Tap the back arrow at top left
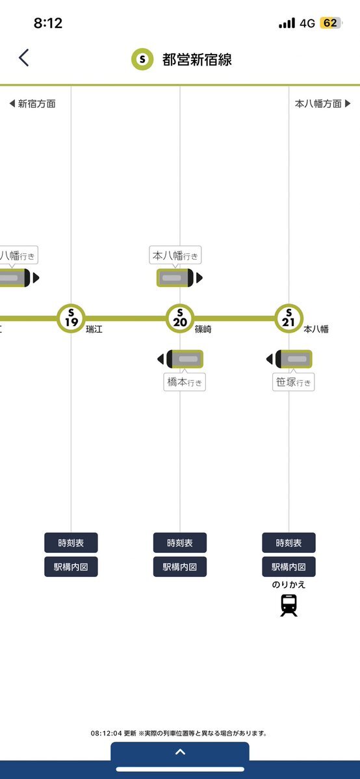click(x=24, y=58)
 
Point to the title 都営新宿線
click(x=197, y=60)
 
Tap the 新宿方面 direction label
click(x=32, y=104)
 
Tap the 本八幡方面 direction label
click(x=323, y=104)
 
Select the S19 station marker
click(x=71, y=318)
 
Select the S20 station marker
click(x=180, y=318)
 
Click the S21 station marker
click(x=289, y=318)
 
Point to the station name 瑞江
click(x=94, y=329)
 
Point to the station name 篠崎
click(x=203, y=329)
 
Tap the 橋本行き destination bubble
click(x=185, y=382)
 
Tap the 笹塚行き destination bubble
click(x=293, y=382)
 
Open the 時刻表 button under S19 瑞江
click(x=71, y=543)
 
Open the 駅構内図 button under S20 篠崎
click(x=180, y=567)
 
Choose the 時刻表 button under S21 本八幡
click(x=289, y=543)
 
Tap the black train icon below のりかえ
click(x=289, y=605)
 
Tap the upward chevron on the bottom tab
click(x=180, y=752)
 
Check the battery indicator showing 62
click(x=330, y=23)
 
